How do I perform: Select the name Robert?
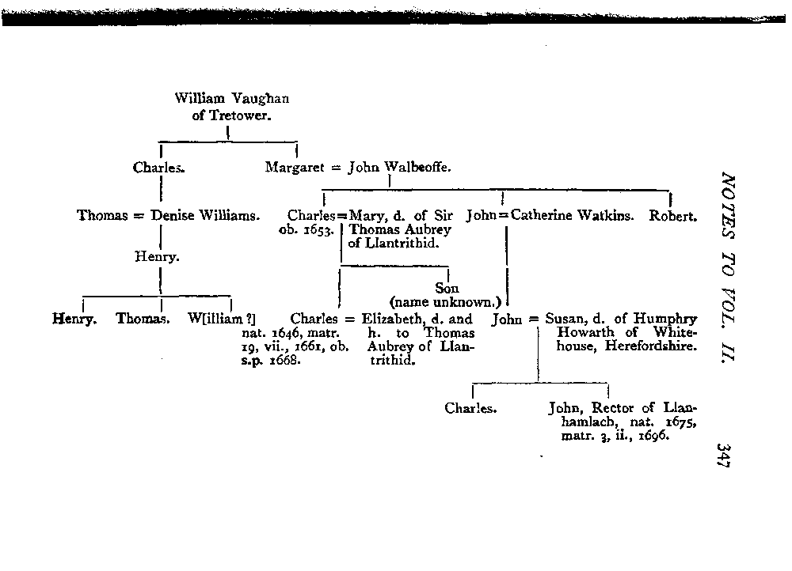673,215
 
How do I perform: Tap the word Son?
447,289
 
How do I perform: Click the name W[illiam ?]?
221,320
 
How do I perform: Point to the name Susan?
566,320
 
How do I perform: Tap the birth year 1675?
681,423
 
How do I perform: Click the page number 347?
721,458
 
